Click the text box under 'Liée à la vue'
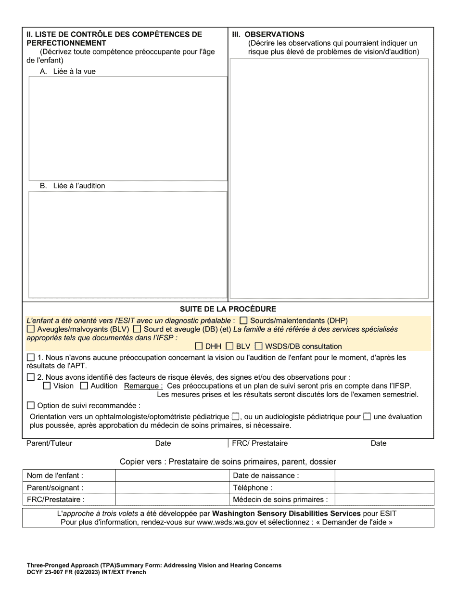128,129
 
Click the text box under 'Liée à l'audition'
128,245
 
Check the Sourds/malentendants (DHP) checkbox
243,321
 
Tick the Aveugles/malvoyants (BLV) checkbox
31,329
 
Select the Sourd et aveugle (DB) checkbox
137,329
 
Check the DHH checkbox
199,346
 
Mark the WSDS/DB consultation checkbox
259,346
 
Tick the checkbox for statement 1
31,358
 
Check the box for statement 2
31,377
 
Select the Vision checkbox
47,386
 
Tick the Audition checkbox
84,386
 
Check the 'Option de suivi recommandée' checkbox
31,406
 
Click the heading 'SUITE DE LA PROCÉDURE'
228,309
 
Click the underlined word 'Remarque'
143,386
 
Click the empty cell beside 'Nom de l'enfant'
172,476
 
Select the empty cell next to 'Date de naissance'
384,476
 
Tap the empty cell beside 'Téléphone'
384,488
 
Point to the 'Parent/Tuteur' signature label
49,443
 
